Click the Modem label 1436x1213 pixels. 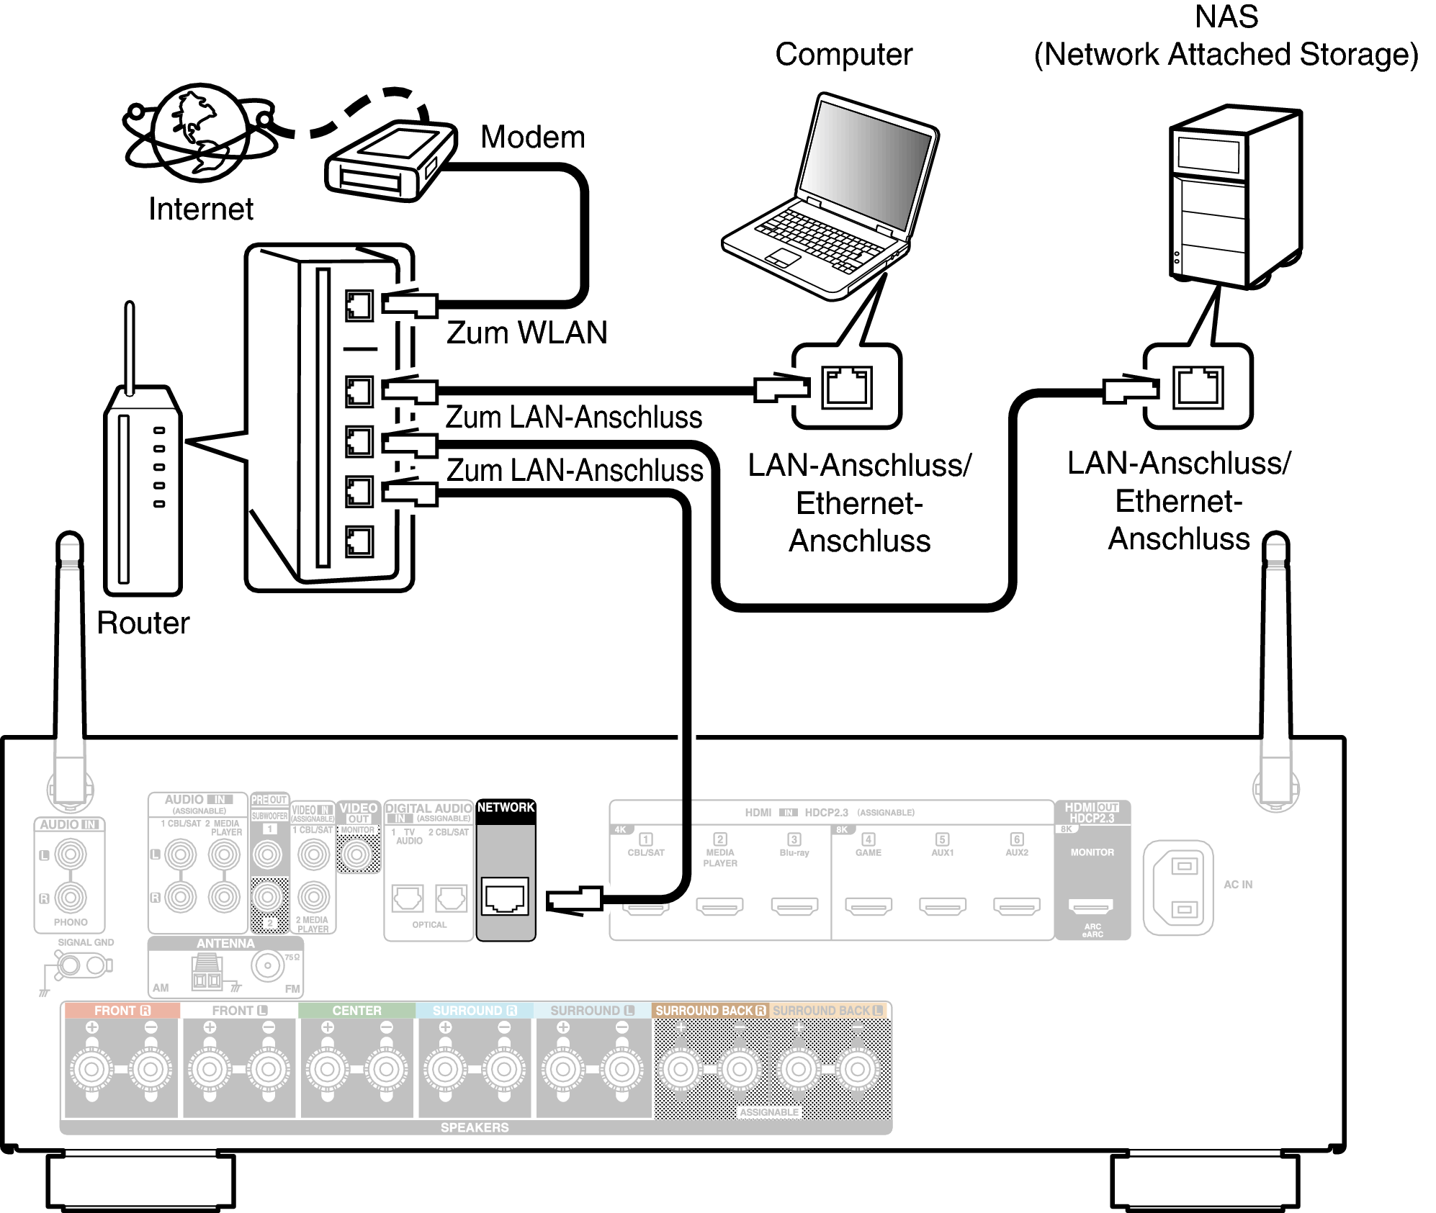pos(532,137)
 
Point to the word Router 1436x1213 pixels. pos(143,623)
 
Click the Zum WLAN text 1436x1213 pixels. pos(526,333)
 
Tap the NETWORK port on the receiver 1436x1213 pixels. pos(505,897)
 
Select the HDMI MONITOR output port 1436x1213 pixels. pos(1091,906)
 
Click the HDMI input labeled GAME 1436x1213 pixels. pos(868,906)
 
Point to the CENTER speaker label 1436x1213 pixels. pos(356,1011)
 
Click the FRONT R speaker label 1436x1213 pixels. pos(122,1011)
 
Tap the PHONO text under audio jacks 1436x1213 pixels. pos(71,922)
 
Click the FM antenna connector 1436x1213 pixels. pos(268,966)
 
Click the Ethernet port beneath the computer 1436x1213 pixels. pos(847,387)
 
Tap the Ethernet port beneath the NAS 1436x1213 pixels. pos(1198,387)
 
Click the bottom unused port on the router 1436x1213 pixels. pos(359,541)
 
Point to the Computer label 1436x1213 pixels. pos(843,55)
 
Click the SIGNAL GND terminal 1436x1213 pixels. pos(80,965)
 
